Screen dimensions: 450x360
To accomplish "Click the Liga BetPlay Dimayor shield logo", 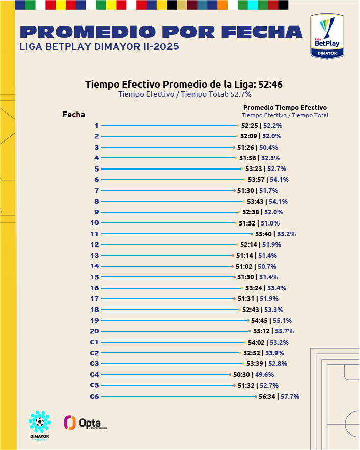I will tap(327, 35).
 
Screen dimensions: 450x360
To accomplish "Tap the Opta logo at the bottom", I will tap(85, 423).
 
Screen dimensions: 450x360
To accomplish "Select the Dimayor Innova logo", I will tap(39, 426).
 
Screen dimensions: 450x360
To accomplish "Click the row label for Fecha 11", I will tap(94, 234).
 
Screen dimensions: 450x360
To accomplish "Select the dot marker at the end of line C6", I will tap(256, 397).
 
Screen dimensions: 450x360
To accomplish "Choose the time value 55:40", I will tap(264, 234).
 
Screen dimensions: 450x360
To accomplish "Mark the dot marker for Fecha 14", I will tap(232, 266).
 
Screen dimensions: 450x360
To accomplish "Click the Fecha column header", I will tap(74, 115).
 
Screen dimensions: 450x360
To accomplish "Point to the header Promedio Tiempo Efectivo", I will tap(285, 107).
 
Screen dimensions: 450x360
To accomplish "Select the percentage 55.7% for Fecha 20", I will tap(285, 331).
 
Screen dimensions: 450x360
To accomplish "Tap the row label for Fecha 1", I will tap(96, 126).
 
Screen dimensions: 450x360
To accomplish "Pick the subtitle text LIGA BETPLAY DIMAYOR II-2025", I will tap(99, 47).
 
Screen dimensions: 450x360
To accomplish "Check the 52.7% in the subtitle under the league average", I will tap(241, 94).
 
